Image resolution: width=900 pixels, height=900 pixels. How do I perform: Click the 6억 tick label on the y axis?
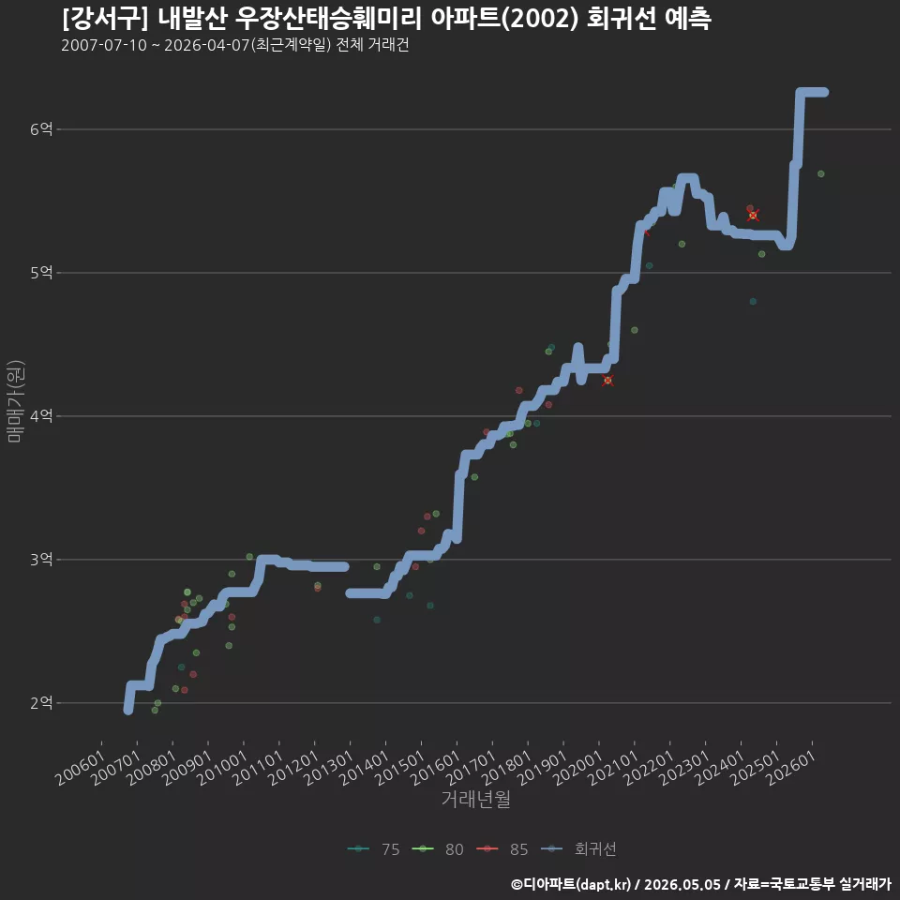[x=41, y=129]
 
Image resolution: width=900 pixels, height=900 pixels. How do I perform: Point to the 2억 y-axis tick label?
[x=41, y=702]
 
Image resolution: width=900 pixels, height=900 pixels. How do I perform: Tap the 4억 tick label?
[x=41, y=415]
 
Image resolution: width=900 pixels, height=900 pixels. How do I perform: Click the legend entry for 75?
[x=374, y=849]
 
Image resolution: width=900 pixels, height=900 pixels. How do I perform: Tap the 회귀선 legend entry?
[x=578, y=849]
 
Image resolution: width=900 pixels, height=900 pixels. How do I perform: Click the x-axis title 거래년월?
[x=476, y=799]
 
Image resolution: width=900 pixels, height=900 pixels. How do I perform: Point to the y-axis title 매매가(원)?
[x=15, y=401]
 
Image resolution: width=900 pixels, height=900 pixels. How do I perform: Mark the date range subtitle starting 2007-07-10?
[x=234, y=45]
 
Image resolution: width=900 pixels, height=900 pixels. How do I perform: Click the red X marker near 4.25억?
[x=607, y=380]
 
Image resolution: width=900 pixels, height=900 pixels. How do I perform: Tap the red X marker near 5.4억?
[x=753, y=216]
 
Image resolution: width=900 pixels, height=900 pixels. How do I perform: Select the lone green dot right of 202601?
[x=821, y=174]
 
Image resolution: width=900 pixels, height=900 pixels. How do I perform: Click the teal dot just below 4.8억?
[x=753, y=301]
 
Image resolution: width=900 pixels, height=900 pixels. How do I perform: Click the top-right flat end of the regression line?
[x=825, y=93]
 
